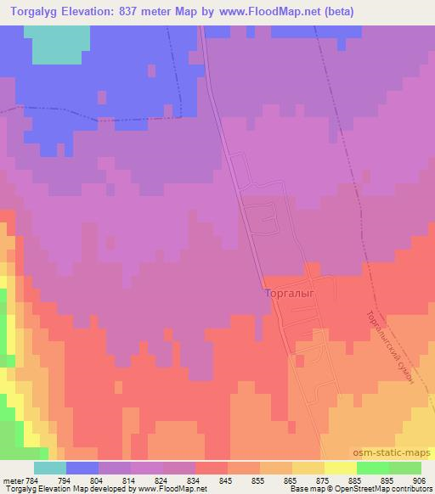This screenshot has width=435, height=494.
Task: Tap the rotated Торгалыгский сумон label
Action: tap(389, 346)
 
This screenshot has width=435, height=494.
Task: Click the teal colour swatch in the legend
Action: tap(50, 468)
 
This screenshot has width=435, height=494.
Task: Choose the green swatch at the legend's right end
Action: tap(405, 468)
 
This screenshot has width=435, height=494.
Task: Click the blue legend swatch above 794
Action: tap(82, 468)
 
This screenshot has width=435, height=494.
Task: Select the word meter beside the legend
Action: tap(12, 480)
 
